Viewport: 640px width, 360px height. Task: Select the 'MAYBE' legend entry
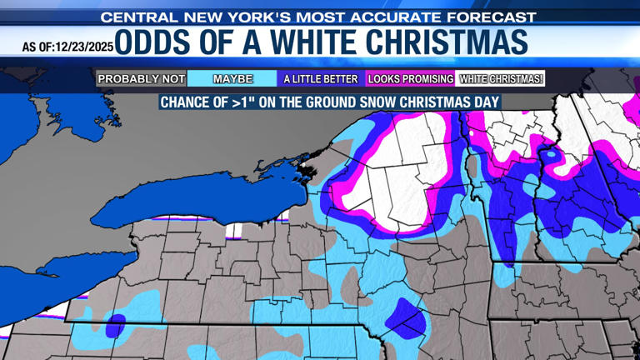pos(232,79)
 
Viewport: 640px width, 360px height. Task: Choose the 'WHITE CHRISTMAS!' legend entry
pos(501,79)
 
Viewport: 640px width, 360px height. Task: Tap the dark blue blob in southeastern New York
pos(406,315)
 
